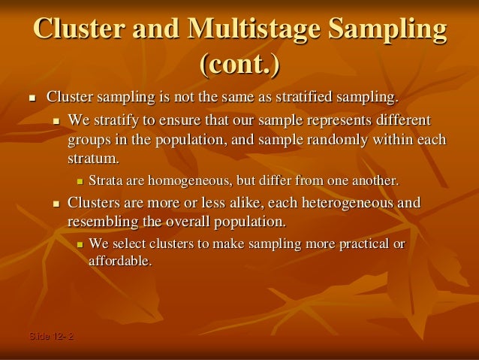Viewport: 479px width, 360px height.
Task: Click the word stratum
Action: tap(92, 159)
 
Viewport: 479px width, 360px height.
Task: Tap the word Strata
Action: tap(107, 181)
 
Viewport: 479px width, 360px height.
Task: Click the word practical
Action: tap(363, 244)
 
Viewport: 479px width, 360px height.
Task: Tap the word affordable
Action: tap(120, 262)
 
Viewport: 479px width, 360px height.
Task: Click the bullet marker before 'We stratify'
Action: tap(56, 121)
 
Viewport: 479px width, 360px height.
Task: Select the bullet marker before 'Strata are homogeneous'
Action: tap(79, 182)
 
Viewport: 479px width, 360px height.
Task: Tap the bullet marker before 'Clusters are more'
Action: tap(56, 204)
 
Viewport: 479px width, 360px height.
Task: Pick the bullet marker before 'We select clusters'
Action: tap(79, 244)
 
